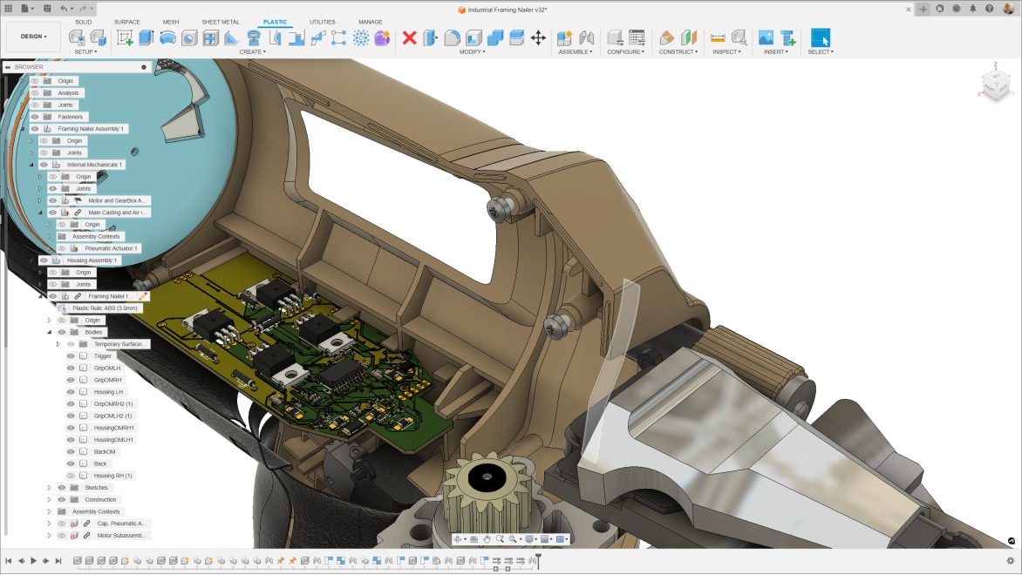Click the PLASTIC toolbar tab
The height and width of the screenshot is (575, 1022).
[x=275, y=22]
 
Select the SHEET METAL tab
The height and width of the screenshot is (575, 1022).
[x=220, y=22]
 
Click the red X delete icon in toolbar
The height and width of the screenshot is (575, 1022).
[x=409, y=37]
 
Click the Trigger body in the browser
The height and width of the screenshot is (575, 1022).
[x=102, y=355]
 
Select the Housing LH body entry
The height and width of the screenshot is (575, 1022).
[x=108, y=392]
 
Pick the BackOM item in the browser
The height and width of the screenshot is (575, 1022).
[x=104, y=451]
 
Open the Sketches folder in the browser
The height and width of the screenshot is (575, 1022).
[x=96, y=488]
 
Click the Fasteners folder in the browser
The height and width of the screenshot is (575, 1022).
[x=70, y=117]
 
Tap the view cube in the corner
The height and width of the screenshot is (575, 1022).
[x=994, y=84]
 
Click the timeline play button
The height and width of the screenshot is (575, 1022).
[x=33, y=561]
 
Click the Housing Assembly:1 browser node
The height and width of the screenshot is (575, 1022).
[x=92, y=260]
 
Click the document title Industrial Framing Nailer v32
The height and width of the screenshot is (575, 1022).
[x=508, y=9]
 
